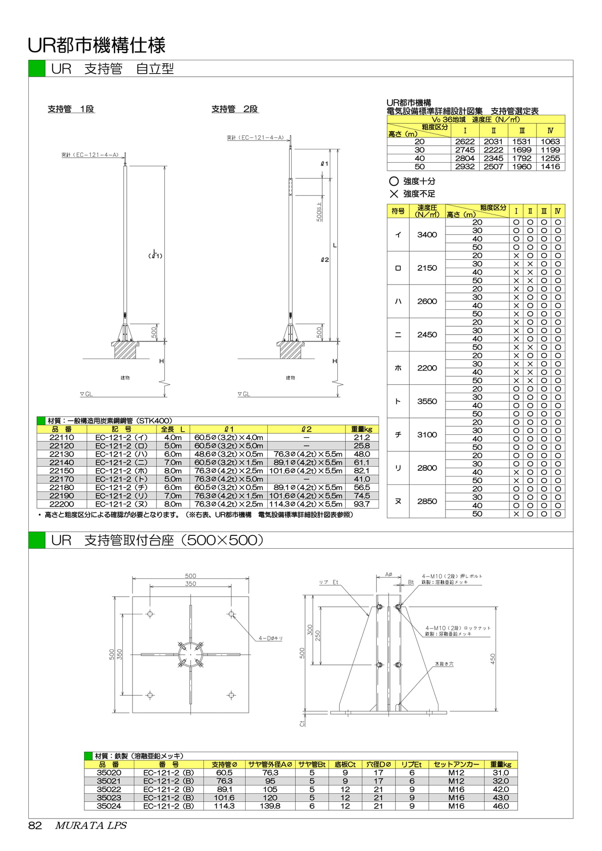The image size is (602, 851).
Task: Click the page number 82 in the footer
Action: pyautogui.click(x=35, y=825)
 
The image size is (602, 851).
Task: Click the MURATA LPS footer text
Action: pyautogui.click(x=91, y=825)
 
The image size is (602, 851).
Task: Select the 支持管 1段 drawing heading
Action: pyautogui.click(x=71, y=109)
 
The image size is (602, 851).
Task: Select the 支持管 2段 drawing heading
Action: pyautogui.click(x=235, y=109)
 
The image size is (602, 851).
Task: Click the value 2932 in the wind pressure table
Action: pyautogui.click(x=465, y=167)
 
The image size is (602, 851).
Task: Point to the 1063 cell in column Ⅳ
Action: pyautogui.click(x=550, y=141)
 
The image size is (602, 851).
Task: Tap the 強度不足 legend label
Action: pyautogui.click(x=419, y=194)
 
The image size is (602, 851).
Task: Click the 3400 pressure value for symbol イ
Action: pyautogui.click(x=427, y=234)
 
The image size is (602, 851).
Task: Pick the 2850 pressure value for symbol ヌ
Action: pyautogui.click(x=427, y=501)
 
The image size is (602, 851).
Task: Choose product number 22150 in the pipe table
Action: pyautogui.click(x=62, y=471)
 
